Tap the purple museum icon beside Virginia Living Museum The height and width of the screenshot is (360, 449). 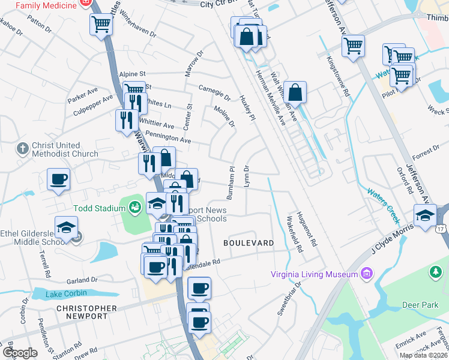367,274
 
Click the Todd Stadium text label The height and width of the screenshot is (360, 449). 99,208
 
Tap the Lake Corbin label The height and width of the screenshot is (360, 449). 67,293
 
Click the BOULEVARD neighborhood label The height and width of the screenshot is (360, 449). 249,243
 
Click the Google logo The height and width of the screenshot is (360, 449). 20,353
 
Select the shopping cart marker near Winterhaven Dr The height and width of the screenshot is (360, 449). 101,25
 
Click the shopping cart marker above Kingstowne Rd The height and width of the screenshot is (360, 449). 354,45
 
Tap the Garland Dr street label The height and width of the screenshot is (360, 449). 82,280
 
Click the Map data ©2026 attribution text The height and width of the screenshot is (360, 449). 423,355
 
